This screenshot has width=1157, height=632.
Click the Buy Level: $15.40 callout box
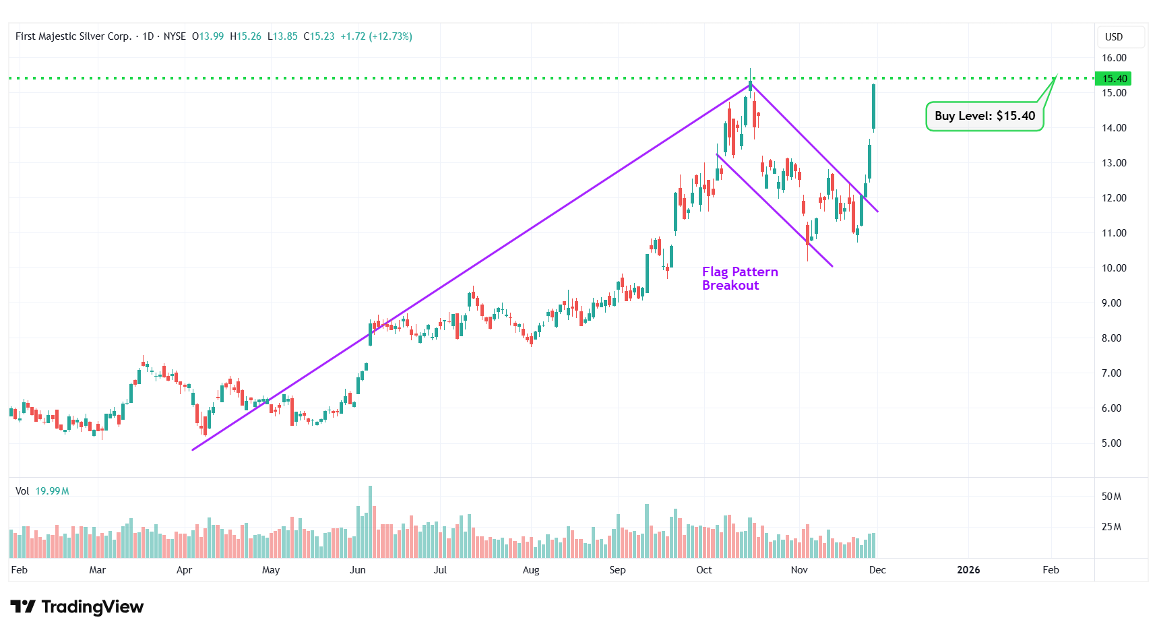[x=984, y=116]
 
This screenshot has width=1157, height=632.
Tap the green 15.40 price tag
[x=1115, y=79]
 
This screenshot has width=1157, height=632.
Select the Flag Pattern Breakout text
[x=739, y=278]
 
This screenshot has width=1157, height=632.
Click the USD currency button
[x=1114, y=37]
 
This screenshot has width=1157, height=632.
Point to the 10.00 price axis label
[x=1114, y=268]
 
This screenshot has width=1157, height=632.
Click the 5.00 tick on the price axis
[x=1111, y=443]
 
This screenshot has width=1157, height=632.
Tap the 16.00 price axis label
[x=1114, y=58]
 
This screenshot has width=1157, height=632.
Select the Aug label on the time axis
[x=531, y=570]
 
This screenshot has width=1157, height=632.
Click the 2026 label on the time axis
[x=968, y=570]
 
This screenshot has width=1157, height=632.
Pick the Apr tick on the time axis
[x=184, y=570]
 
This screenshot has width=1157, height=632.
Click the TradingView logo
[x=77, y=607]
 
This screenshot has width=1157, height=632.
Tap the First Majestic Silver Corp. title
[x=73, y=36]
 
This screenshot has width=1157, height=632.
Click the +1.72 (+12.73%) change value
[x=376, y=36]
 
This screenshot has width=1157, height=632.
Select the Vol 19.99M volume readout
[x=42, y=491]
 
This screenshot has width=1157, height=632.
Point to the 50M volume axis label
[x=1111, y=497]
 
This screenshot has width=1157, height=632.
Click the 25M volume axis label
[x=1111, y=527]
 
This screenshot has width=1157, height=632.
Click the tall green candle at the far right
[x=873, y=106]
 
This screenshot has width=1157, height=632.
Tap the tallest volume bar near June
[x=370, y=522]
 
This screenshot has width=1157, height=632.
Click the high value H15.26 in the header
[x=245, y=36]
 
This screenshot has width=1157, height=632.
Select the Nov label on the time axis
[x=799, y=570]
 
